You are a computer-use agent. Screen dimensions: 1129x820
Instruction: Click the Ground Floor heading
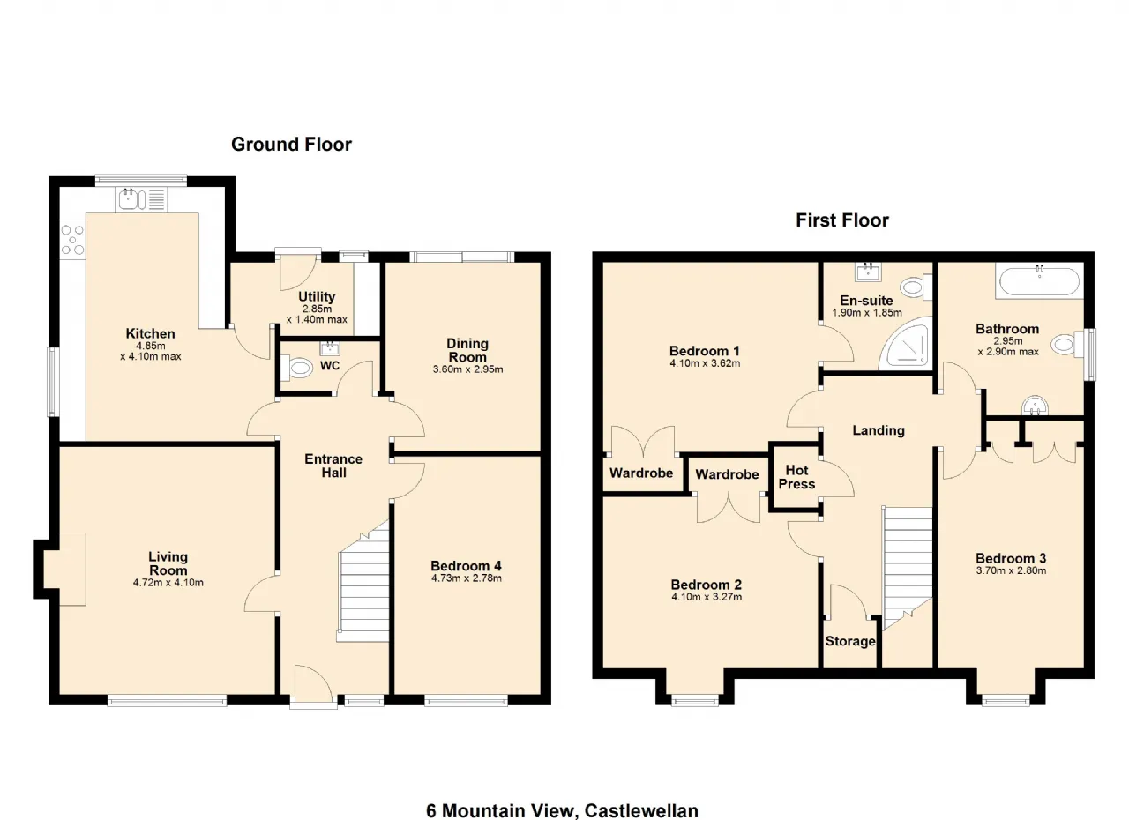[x=291, y=145]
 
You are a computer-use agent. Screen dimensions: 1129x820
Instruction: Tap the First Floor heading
[x=842, y=220]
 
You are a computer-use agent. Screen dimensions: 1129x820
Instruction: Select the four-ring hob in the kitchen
[x=72, y=240]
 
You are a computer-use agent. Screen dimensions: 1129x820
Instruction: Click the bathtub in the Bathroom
[x=1040, y=281]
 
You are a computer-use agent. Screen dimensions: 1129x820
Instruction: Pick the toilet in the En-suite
[x=916, y=287]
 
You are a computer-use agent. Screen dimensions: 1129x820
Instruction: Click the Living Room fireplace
[x=64, y=570]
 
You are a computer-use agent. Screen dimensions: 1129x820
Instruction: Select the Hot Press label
[x=796, y=477]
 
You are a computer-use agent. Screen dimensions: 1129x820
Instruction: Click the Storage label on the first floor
[x=850, y=641]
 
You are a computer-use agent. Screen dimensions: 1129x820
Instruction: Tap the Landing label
[x=879, y=430]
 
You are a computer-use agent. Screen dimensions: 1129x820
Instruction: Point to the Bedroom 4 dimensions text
[x=467, y=578]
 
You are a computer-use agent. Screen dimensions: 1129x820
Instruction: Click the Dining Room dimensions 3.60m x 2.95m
[x=467, y=369]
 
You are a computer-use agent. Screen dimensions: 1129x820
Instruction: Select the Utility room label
[x=317, y=296]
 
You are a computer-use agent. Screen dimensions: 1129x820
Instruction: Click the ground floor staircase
[x=363, y=582]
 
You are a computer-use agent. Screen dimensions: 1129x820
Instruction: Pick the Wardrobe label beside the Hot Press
[x=727, y=474]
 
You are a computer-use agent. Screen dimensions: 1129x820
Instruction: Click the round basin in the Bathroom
[x=1035, y=406]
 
